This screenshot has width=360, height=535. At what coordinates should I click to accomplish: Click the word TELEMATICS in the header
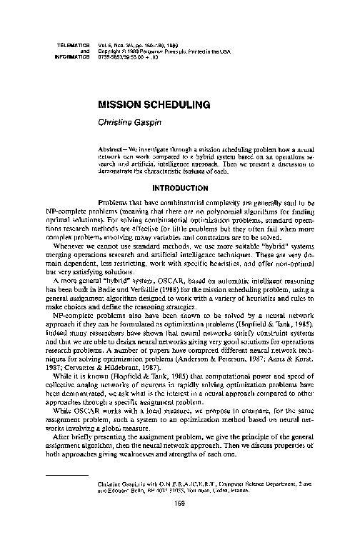click(72, 45)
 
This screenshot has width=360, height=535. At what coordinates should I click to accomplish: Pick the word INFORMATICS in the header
click(71, 56)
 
